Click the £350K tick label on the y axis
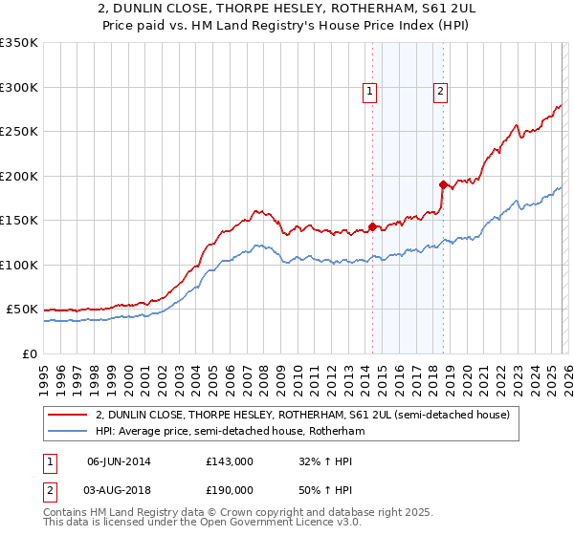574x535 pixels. coord(18,43)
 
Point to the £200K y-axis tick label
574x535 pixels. coord(18,176)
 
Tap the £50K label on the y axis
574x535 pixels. coord(22,310)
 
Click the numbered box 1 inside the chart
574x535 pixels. coord(370,92)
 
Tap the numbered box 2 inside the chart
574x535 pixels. coord(440,92)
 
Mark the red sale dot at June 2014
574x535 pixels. coord(371,226)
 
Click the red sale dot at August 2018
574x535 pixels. coord(442,184)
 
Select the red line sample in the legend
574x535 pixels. coord(67,416)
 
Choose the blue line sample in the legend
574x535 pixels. coord(67,431)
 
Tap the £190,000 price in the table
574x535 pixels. coord(230,488)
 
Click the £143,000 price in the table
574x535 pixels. coord(230,461)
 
